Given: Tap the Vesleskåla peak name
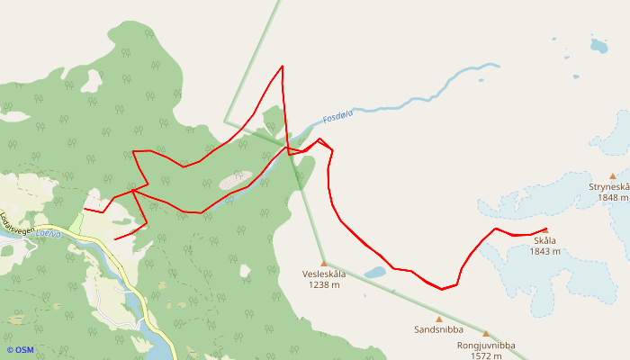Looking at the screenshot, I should click(x=324, y=274).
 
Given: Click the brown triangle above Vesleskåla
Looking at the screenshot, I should click(x=324, y=264).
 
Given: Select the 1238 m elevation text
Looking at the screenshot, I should click(x=324, y=285).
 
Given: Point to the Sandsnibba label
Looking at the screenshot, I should click(x=438, y=330).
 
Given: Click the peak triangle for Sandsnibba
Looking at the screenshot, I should click(x=439, y=319).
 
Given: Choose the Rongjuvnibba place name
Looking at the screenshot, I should click(x=485, y=345).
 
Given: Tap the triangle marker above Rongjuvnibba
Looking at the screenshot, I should click(x=486, y=334).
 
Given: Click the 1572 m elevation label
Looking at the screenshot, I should click(x=485, y=355).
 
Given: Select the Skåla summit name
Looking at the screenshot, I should click(x=544, y=241).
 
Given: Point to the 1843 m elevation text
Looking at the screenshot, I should click(x=544, y=252).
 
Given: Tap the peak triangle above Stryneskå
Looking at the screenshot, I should click(x=613, y=176).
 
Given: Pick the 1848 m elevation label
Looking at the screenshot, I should click(x=612, y=198).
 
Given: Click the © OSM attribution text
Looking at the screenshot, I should click(x=20, y=350).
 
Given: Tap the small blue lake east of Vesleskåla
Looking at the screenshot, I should click(x=375, y=272).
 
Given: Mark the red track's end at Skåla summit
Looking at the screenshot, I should click(x=546, y=229).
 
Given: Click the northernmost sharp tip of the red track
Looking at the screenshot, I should click(x=283, y=67).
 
